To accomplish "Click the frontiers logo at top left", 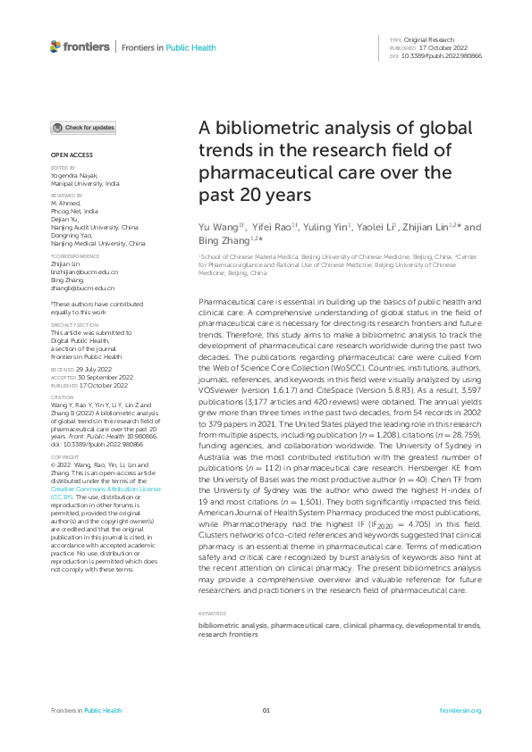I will pos(80,46).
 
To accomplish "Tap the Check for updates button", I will pos(83,128).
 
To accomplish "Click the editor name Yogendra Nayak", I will pos(74,175).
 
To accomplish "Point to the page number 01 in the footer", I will pos(266,710).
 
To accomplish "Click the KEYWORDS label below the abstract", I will pos(212,614).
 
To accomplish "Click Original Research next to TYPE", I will pos(430,40).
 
